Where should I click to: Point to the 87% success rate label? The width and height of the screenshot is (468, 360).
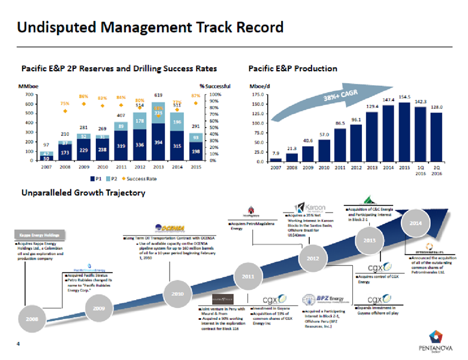[196, 95]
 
